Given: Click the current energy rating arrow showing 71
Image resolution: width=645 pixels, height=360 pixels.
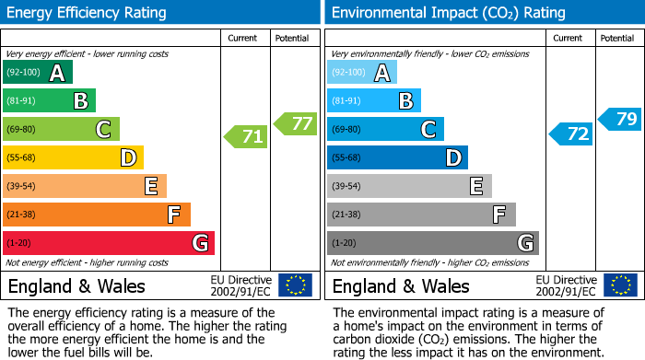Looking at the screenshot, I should tap(246, 137).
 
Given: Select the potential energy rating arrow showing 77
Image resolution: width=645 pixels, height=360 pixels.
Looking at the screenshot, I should tap(296, 123).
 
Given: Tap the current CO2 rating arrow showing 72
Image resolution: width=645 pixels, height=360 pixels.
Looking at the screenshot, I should tap(571, 134).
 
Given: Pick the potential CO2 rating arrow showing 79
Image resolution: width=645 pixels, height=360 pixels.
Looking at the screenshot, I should tap(620, 119).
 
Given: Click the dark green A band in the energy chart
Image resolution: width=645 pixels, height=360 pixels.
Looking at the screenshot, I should tap(38, 73).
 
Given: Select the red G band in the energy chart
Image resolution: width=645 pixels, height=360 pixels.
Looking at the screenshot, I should tap(109, 243).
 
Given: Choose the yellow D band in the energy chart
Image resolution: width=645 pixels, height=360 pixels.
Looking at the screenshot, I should tap(74, 158).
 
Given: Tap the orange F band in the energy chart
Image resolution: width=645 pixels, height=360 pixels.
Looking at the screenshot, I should tap(97, 215).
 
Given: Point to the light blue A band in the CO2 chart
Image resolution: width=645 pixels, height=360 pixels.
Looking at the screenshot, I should tap(362, 73).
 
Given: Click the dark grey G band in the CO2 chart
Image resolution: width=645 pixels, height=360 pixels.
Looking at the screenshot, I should tap(433, 243).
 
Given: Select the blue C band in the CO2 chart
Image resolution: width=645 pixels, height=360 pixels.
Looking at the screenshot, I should tap(385, 130).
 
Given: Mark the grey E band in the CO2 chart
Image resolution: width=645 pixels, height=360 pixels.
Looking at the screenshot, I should tap(409, 186).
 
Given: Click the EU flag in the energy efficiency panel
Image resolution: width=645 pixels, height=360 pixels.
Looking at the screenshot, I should tap(296, 285).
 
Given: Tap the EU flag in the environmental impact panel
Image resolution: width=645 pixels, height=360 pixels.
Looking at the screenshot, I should tap(620, 285).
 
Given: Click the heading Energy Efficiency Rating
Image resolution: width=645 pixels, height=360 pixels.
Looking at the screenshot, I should tap(88, 13).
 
